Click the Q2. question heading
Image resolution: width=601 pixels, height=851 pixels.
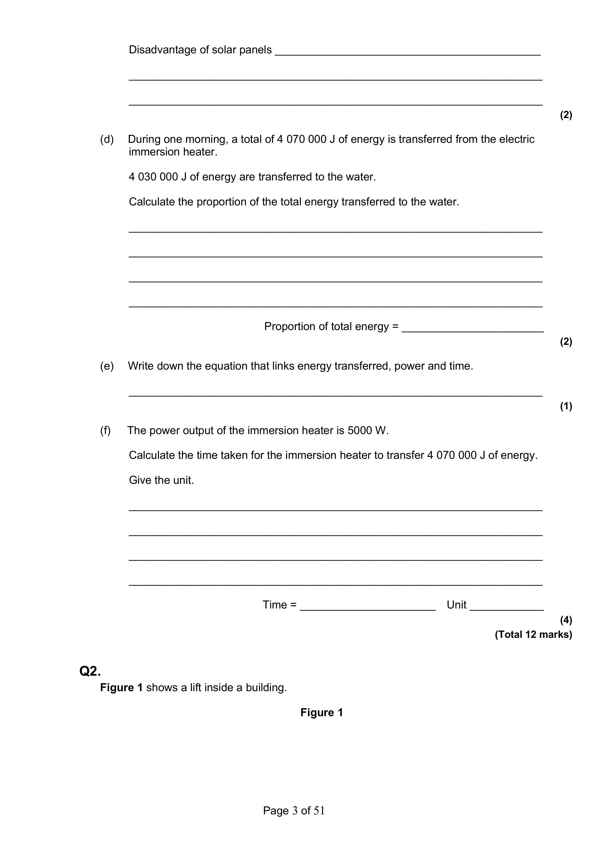coord(90,671)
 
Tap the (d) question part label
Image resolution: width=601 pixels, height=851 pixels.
coord(107,139)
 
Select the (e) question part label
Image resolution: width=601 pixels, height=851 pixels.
coord(107,366)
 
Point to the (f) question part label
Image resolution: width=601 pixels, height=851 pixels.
coord(105,431)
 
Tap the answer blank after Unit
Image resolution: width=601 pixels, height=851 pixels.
coord(506,605)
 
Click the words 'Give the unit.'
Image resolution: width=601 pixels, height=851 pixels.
coord(161,480)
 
